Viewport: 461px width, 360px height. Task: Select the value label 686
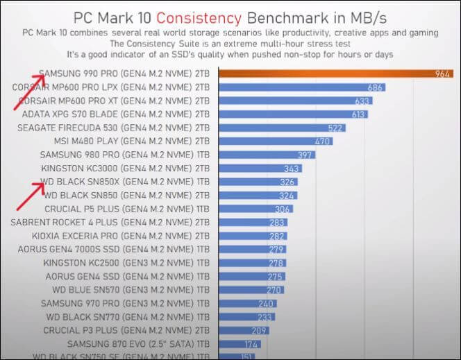tap(376, 87)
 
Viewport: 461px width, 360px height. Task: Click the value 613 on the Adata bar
tap(358, 114)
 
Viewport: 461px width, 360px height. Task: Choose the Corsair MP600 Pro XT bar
tap(296, 101)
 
